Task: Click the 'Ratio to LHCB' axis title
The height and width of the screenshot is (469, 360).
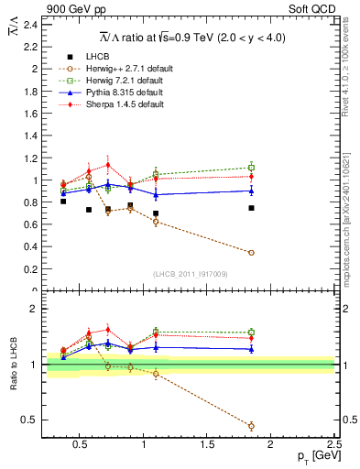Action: pyautogui.click(x=11, y=366)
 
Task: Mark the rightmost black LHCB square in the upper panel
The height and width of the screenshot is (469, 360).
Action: pyautogui.click(x=251, y=208)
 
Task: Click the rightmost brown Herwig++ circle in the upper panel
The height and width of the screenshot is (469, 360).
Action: pyautogui.click(x=251, y=253)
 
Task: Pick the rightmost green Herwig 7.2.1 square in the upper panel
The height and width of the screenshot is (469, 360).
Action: pyautogui.click(x=251, y=168)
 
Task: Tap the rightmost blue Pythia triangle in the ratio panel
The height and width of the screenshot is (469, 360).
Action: pyautogui.click(x=251, y=349)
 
